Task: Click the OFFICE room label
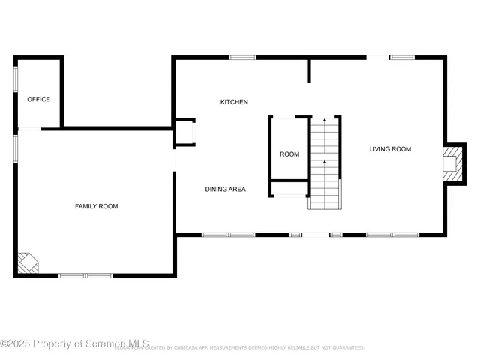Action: click(x=39, y=99)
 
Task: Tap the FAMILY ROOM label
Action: click(x=96, y=206)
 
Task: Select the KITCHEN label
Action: click(x=234, y=102)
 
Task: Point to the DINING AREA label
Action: click(x=226, y=190)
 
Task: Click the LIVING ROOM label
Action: click(x=390, y=149)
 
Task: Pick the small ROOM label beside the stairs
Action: click(x=289, y=154)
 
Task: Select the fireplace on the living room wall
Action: click(x=451, y=163)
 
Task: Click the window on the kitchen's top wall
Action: click(x=242, y=58)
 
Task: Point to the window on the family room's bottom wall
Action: click(x=85, y=275)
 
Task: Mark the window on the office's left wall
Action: click(x=16, y=79)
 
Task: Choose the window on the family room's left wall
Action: click(x=16, y=148)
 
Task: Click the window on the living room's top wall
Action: click(x=402, y=58)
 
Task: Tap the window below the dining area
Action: click(x=229, y=235)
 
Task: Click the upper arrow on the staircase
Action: click(x=324, y=120)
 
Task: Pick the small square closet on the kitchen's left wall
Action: click(x=184, y=131)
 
